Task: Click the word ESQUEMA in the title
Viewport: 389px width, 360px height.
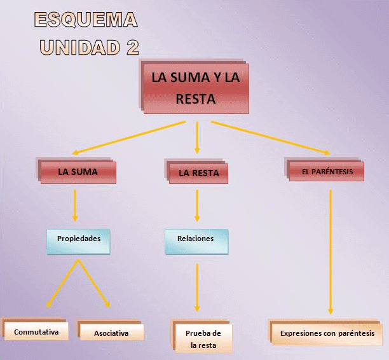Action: coord(86,19)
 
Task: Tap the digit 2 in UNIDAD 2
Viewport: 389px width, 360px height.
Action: coord(132,47)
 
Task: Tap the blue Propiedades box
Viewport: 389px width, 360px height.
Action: coord(78,242)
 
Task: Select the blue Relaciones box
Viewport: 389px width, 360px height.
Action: coord(196,242)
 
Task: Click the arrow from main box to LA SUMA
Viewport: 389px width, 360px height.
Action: coord(129,138)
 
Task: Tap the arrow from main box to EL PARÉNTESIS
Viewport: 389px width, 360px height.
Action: coord(271,138)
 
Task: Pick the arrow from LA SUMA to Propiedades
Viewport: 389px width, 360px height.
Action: coord(75,205)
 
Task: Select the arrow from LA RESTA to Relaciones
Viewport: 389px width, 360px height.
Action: coord(197,205)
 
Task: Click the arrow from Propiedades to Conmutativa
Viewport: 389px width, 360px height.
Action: coord(62,283)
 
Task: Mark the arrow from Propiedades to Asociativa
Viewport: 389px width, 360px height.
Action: coord(94,283)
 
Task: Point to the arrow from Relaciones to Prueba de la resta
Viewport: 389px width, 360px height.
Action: coord(197,287)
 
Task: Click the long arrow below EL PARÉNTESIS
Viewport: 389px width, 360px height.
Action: coord(331,252)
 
